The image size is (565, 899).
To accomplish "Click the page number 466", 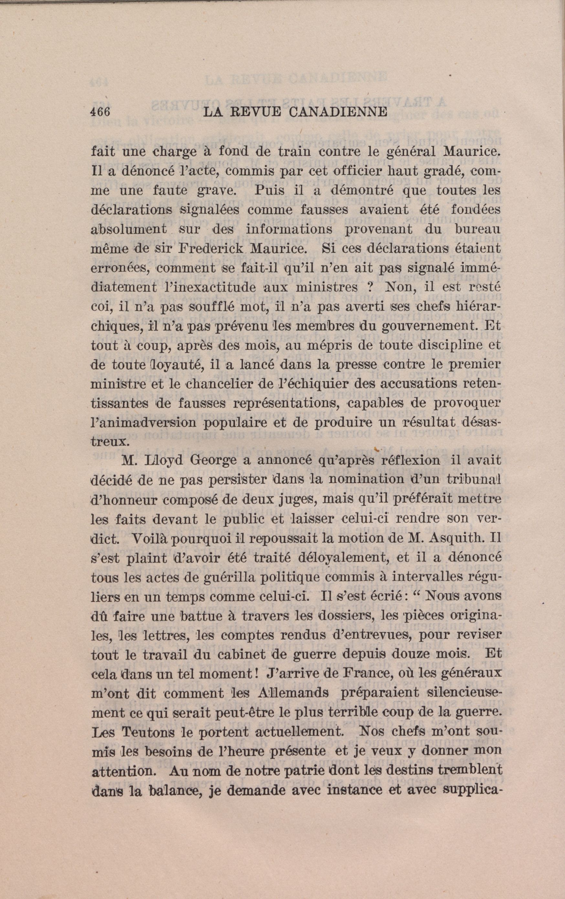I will (100, 112).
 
